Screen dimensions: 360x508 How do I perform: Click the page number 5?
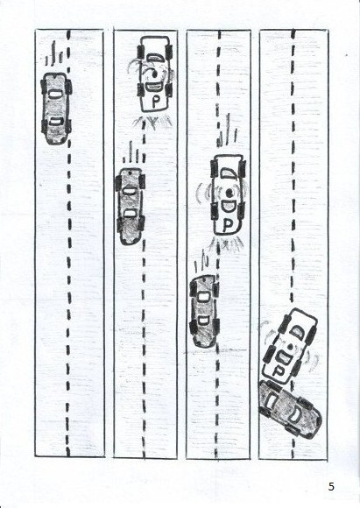[x=331, y=486]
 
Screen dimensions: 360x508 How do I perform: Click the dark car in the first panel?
[x=56, y=109]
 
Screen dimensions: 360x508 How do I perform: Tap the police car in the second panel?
[x=155, y=74]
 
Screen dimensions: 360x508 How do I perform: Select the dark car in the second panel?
[x=131, y=206]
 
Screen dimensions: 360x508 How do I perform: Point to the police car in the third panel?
[x=228, y=194]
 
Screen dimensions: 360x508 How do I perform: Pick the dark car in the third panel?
[x=204, y=311]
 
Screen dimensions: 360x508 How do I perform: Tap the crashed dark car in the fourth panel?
[x=290, y=409]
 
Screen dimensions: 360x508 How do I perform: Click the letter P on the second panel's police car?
[x=156, y=102]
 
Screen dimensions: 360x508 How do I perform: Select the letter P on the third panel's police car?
[x=229, y=225]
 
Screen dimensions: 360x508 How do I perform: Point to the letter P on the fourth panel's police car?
[x=277, y=370]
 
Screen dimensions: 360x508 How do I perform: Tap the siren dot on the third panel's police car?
[x=229, y=193]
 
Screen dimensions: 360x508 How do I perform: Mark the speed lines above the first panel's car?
[x=53, y=54]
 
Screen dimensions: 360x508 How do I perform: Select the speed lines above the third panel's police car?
[x=228, y=131]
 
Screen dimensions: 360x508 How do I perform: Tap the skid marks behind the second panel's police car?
[x=152, y=123]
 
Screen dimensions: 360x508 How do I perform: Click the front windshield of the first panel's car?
[x=56, y=94]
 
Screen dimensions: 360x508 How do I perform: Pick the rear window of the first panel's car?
[x=56, y=122]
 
